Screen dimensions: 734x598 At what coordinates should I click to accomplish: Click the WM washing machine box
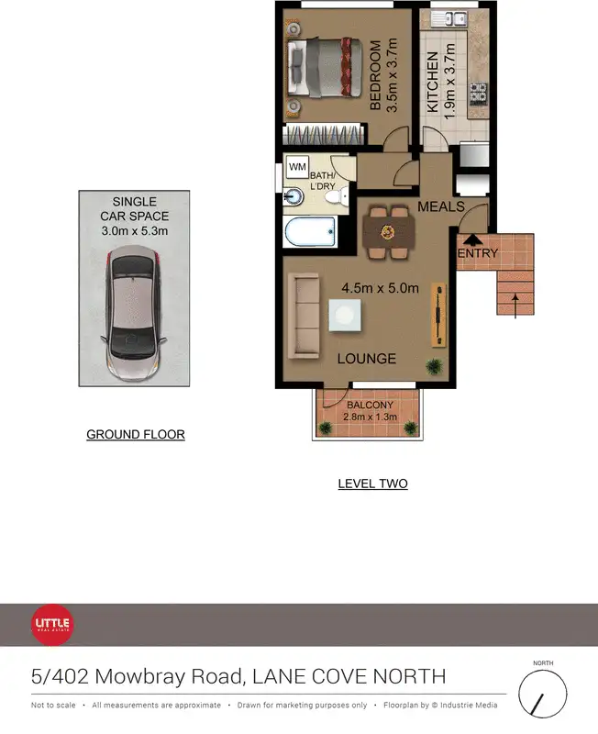pos(297,168)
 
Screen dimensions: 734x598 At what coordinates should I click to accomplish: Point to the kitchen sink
pos(450,18)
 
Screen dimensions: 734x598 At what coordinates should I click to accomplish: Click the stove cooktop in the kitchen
pos(477,94)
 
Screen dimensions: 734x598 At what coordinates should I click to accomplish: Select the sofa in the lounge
pos(304,317)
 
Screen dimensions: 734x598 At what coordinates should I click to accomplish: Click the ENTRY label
pos(477,253)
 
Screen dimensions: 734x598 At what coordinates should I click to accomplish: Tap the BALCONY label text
pos(370,406)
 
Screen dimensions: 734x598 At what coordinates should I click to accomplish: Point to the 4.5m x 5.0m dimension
pos(380,288)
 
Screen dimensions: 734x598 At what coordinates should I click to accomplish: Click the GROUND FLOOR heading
pos(136,434)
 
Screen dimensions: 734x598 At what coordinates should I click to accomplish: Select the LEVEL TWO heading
pos(372,484)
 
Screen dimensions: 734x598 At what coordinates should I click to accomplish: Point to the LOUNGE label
pos(366,359)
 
